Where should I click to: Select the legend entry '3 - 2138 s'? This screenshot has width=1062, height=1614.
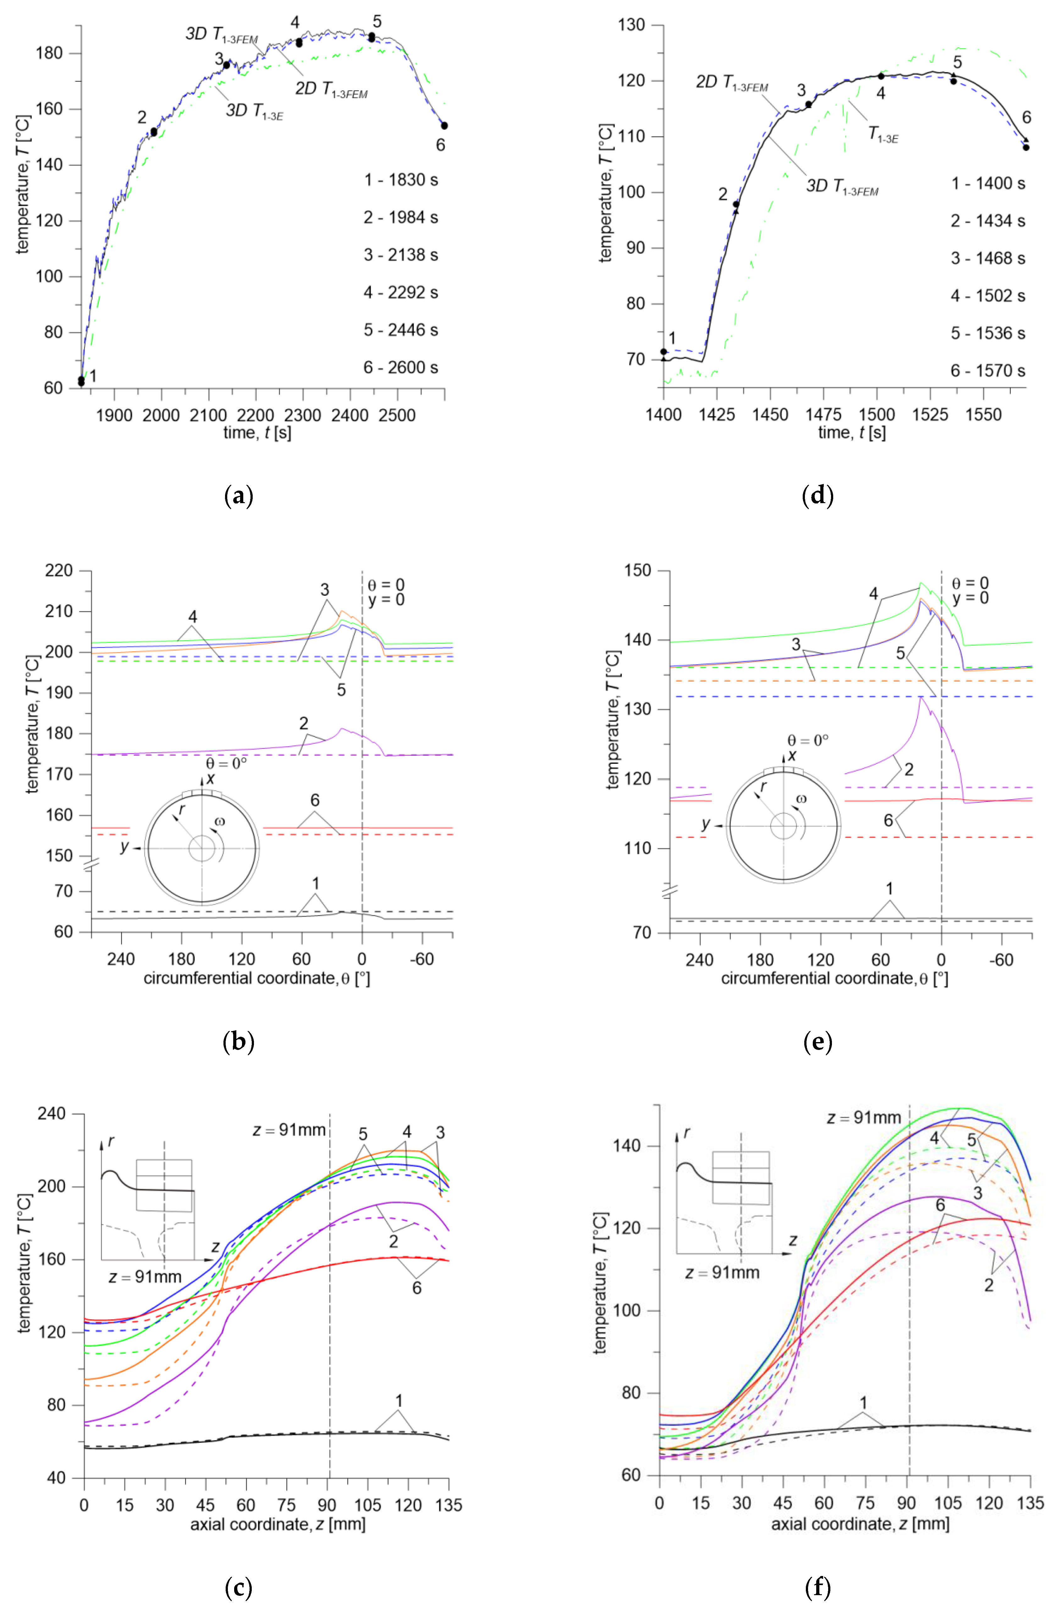(x=400, y=255)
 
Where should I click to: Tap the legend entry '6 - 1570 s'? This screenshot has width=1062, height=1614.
(x=987, y=371)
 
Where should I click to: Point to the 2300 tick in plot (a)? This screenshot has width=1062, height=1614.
(x=303, y=415)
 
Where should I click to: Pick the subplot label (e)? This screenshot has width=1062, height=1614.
(x=818, y=1042)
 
